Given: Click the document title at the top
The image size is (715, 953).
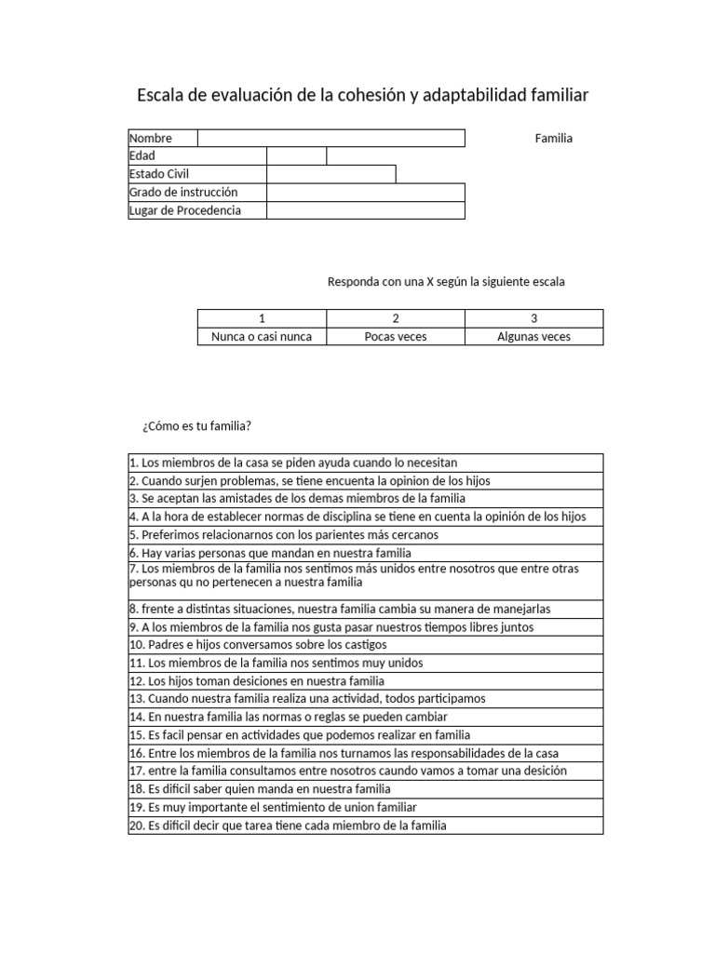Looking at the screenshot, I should point(362,96).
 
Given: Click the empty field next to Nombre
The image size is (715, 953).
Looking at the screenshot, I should point(331,139).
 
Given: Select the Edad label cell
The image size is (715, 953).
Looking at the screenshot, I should point(196,156).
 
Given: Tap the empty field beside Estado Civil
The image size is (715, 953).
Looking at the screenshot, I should point(331,174).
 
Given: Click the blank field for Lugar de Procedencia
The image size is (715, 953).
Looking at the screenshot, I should point(365,210).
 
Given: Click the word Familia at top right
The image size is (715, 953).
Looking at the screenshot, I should point(554,139).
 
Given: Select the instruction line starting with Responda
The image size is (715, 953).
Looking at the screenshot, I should point(446,281).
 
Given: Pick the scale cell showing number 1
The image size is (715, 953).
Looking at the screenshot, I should point(262,318).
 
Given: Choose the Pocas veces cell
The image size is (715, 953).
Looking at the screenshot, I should point(396,336).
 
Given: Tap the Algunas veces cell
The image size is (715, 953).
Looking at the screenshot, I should point(533,336).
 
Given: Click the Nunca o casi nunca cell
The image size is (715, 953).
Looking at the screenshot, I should point(262,336).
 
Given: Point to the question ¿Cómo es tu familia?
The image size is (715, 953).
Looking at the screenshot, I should point(196,426).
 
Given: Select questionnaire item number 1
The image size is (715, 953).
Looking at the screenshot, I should point(293,463).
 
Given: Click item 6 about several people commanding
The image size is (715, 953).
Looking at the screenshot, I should point(270,553).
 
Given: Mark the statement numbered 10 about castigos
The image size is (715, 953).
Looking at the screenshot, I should point(258,644).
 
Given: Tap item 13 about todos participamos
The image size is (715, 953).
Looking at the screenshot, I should point(307,698).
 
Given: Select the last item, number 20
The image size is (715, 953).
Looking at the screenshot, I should point(288,825).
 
